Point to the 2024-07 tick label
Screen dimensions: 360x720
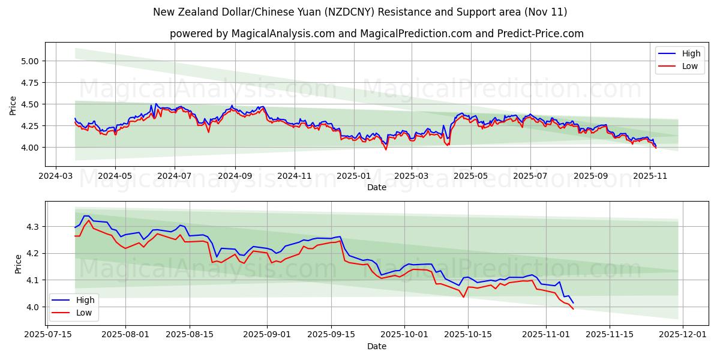[175, 176]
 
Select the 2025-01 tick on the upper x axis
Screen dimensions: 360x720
[353, 176]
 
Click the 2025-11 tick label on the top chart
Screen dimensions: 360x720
[650, 176]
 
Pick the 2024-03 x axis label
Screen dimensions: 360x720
[56, 176]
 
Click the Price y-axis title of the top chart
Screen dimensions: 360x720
[13, 105]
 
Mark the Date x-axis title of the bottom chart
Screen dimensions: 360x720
[377, 346]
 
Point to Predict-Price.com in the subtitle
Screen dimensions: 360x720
[541, 34]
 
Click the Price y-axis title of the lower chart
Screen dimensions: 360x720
[17, 264]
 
